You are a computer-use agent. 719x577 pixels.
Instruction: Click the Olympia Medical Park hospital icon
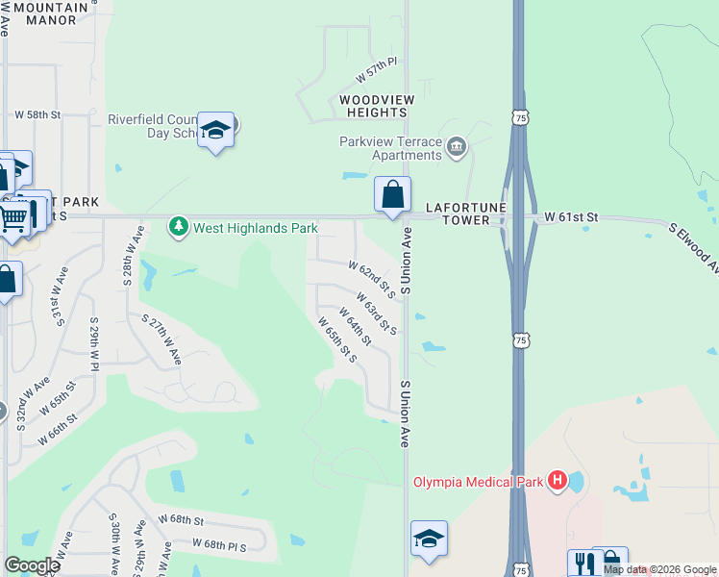[x=557, y=481]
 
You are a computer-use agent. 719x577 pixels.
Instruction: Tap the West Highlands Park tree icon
[x=178, y=227]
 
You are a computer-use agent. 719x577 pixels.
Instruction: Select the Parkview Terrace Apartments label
[x=390, y=148]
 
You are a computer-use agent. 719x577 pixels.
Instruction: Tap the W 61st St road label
[x=571, y=218]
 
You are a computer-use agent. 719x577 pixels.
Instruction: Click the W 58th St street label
[x=37, y=114]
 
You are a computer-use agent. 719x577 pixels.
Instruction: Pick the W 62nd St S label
[x=372, y=277]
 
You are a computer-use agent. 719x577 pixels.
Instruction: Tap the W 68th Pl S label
[x=219, y=544]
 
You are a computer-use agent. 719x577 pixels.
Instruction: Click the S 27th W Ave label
[x=161, y=339]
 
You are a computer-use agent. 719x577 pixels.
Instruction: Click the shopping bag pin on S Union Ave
[x=392, y=195]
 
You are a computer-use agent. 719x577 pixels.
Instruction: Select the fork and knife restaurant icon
[x=583, y=564]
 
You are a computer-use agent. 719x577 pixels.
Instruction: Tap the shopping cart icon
[x=13, y=218]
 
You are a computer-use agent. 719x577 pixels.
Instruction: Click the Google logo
[x=31, y=565]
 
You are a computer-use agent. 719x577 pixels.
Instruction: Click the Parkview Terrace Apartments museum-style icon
[x=456, y=147]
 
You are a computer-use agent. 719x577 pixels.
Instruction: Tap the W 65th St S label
[x=338, y=340]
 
